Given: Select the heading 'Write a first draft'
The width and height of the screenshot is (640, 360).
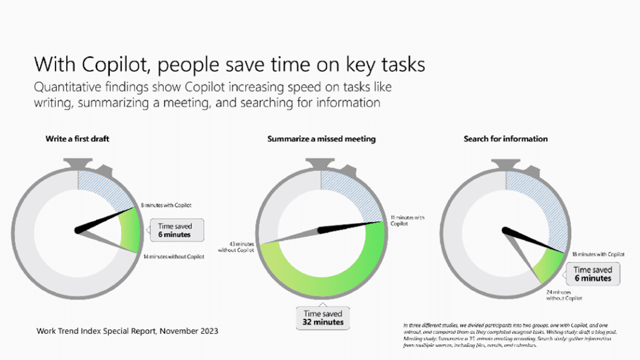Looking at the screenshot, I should tap(77, 139).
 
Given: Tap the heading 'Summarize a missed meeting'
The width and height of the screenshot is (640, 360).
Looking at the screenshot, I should tap(321, 139).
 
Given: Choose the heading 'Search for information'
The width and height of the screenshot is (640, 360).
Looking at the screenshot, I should tap(506, 139).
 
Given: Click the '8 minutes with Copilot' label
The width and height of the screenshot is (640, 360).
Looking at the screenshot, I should tap(166, 205).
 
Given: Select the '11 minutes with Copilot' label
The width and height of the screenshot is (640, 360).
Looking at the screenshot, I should tap(407, 220).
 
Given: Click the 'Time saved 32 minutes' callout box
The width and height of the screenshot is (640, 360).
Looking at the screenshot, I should tap(322, 317).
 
